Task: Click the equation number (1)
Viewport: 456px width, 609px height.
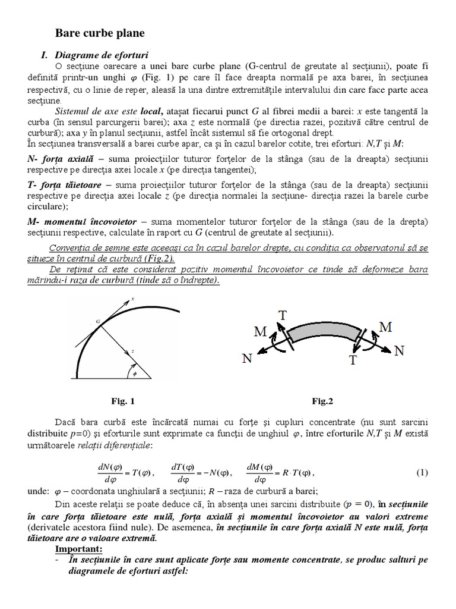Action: (421, 473)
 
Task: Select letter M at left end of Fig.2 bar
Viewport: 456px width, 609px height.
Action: (260, 332)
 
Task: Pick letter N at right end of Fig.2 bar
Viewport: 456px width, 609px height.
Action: (399, 351)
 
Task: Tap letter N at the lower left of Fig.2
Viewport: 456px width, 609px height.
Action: (248, 358)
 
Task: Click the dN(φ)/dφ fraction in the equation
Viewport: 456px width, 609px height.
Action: (110, 473)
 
